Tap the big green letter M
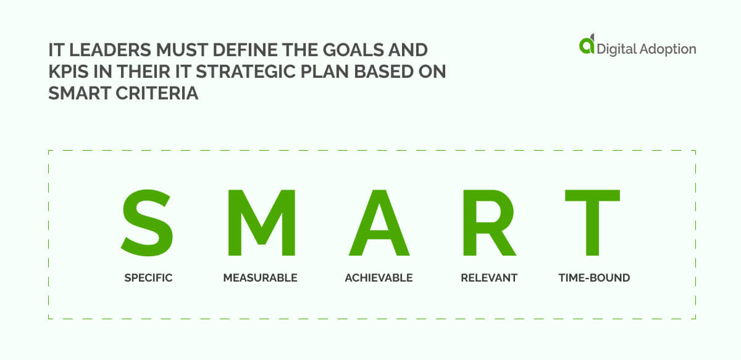coord(260,223)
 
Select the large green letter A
coord(379,223)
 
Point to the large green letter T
coord(593,223)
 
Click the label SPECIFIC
coord(148,278)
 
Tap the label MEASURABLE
coord(260,278)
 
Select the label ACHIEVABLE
coord(379,278)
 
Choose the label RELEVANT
coord(488,278)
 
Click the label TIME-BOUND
coord(594,278)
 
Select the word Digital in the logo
coord(615,49)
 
